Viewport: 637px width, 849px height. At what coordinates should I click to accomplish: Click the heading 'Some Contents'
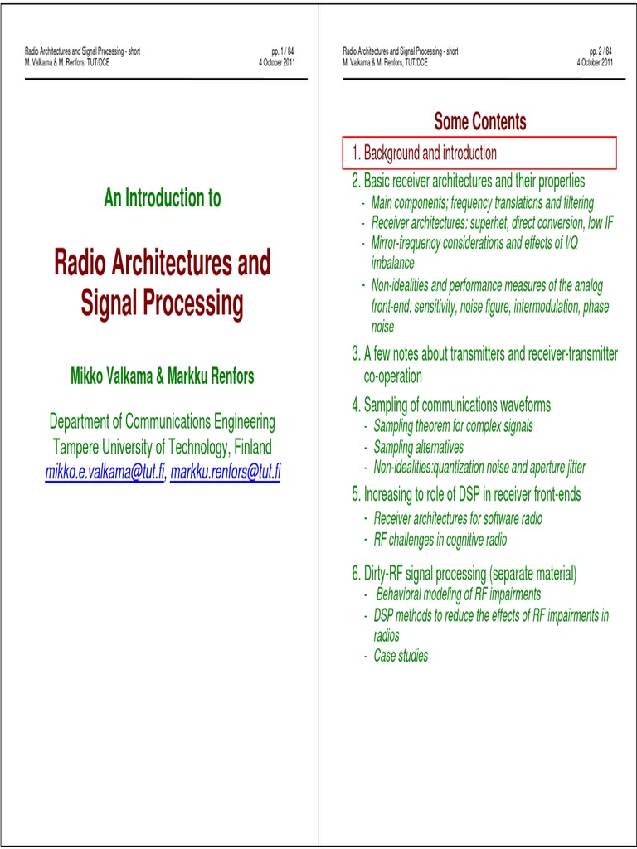(x=479, y=122)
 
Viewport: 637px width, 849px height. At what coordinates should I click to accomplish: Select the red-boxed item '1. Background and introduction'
(x=424, y=153)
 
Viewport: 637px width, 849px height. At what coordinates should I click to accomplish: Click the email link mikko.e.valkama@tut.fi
(x=105, y=473)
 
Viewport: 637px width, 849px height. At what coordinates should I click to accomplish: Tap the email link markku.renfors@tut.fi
(x=225, y=473)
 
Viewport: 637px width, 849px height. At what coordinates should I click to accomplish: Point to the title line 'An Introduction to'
(x=163, y=198)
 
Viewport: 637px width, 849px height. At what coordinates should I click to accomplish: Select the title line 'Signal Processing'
(x=163, y=304)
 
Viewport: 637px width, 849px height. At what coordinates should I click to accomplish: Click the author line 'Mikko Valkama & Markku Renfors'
(x=163, y=376)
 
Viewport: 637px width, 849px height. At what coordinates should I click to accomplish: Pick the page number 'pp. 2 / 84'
(x=601, y=51)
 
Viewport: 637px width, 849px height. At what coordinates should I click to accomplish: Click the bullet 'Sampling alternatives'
(x=418, y=447)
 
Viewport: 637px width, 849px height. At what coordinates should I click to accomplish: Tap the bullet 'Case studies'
(x=401, y=656)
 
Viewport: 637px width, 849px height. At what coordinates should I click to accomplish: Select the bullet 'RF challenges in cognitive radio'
(x=440, y=540)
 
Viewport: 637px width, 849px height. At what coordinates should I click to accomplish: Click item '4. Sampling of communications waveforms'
(x=451, y=405)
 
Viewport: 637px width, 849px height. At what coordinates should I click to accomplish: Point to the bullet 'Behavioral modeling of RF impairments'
(x=458, y=594)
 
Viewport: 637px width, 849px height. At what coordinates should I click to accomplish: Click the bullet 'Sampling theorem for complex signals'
(x=453, y=426)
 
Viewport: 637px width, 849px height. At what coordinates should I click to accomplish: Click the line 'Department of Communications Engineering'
(x=163, y=422)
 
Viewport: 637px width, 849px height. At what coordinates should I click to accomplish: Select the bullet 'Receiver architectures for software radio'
(x=458, y=519)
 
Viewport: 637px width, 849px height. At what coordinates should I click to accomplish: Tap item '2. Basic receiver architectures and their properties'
(x=468, y=181)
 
